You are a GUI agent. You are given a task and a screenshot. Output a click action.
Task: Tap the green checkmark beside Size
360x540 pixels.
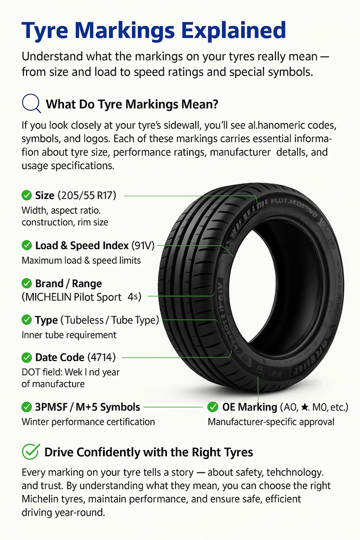tap(27, 195)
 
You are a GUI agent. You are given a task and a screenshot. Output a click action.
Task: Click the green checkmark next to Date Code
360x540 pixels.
tap(27, 357)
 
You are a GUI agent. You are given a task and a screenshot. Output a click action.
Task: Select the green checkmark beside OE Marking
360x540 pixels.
tap(212, 407)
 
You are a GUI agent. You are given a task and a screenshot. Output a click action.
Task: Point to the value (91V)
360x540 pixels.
tap(143, 245)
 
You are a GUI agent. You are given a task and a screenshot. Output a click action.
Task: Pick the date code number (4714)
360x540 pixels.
tap(102, 357)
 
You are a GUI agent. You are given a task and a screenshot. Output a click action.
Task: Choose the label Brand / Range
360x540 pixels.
tap(68, 283)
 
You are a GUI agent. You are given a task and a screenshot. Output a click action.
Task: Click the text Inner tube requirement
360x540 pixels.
tap(69, 335)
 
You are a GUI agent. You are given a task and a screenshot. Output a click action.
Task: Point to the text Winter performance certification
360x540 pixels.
tap(88, 422)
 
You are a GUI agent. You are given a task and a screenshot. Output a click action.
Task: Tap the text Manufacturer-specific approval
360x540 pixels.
tap(271, 422)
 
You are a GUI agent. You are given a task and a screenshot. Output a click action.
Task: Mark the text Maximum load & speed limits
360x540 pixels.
tap(81, 260)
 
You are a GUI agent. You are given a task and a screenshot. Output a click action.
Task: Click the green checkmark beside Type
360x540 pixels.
tap(27, 320)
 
